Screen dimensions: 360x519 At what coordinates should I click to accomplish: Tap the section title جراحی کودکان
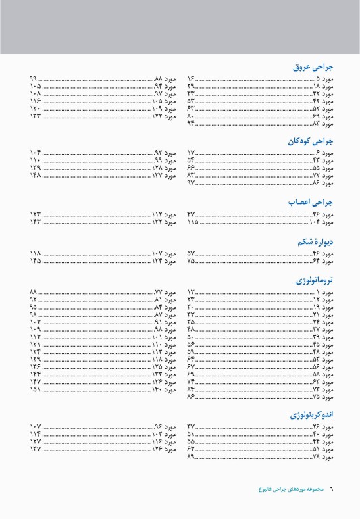click(x=311, y=142)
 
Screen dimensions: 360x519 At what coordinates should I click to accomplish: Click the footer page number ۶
click(x=332, y=488)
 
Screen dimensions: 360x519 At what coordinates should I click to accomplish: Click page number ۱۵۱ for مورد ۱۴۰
click(x=36, y=390)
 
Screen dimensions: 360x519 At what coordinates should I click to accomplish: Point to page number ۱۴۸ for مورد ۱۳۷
click(x=36, y=176)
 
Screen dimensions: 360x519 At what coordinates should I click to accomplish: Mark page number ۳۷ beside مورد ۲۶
click(x=191, y=427)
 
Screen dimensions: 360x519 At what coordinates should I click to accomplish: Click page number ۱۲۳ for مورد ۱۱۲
click(x=36, y=214)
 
